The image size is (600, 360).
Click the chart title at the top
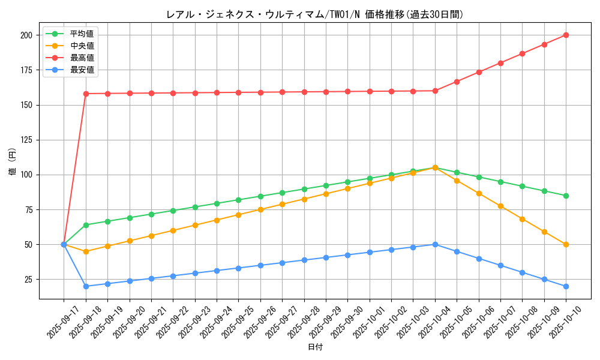coord(314,14)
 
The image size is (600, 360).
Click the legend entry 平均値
coord(82,34)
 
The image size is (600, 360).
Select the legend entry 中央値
coord(82,46)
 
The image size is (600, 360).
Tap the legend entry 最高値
coord(82,58)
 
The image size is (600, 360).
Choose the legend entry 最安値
coord(82,70)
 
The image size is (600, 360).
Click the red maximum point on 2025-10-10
coord(566,35)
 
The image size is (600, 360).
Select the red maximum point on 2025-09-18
coord(86,94)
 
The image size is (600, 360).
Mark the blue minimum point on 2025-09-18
coord(86,286)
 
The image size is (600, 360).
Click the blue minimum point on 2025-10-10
coord(566,286)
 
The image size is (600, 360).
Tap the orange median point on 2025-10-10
coord(566,244)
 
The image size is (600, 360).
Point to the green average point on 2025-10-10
coord(566,196)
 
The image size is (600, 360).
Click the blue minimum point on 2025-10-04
coord(435,244)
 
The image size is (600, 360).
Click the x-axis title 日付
coord(314,347)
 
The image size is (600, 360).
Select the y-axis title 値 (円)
coord(13,163)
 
